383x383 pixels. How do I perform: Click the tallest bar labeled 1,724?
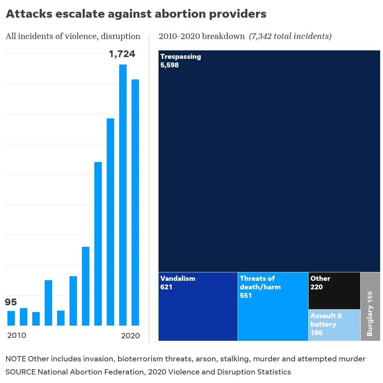[x=123, y=195]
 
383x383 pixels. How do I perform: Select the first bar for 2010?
[x=11, y=318]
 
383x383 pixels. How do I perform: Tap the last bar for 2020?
[x=135, y=202]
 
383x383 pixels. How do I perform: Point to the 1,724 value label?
[x=122, y=54]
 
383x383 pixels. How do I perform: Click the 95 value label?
[x=11, y=302]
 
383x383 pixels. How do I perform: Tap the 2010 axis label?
[x=17, y=335]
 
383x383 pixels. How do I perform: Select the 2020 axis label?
[x=130, y=335]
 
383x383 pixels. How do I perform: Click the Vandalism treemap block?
[x=198, y=312]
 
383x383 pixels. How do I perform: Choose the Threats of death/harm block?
[x=273, y=316]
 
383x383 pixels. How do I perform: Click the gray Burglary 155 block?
[x=370, y=306]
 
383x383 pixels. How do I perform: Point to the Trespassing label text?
[x=181, y=57]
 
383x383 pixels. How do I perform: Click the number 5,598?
[x=170, y=65]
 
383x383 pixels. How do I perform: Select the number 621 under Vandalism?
[x=166, y=287]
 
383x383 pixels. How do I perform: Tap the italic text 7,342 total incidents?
[x=290, y=36]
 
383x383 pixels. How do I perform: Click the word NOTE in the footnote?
[x=16, y=359]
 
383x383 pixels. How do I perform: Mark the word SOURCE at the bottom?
[x=20, y=372]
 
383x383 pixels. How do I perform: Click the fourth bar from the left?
[x=48, y=303]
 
